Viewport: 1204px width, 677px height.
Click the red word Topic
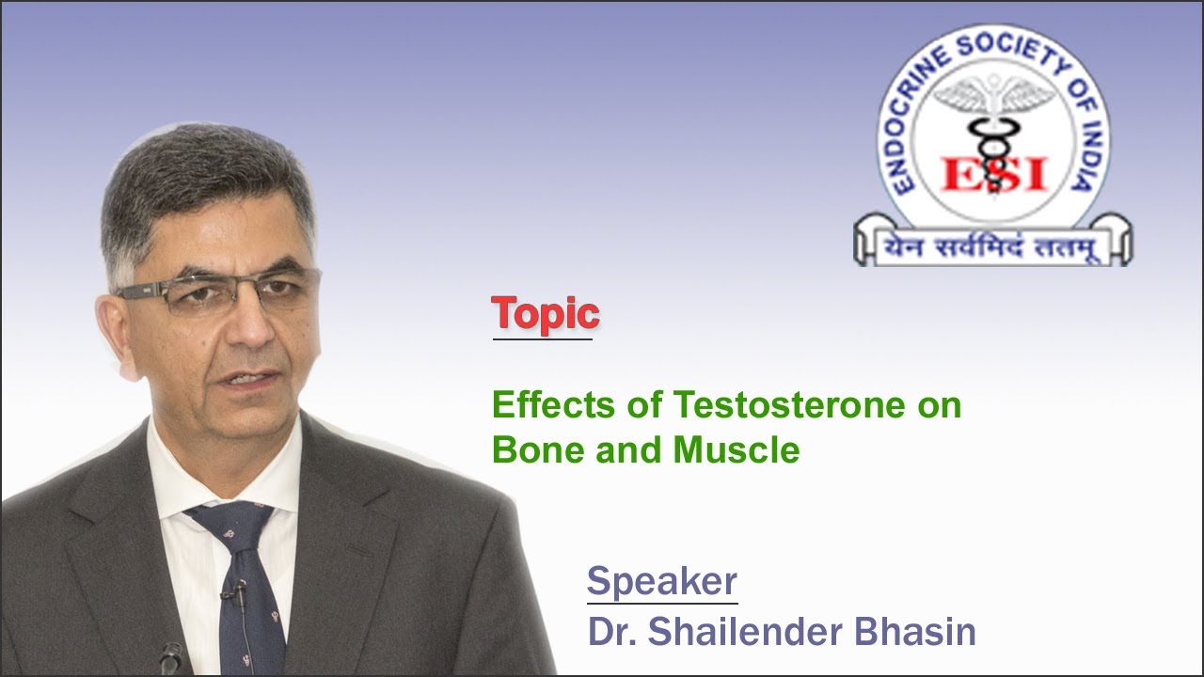546,314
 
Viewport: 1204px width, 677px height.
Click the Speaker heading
661,581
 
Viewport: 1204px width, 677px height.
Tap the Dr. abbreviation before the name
611,632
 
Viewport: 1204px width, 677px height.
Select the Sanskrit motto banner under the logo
993,246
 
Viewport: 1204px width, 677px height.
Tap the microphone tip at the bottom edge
170,658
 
